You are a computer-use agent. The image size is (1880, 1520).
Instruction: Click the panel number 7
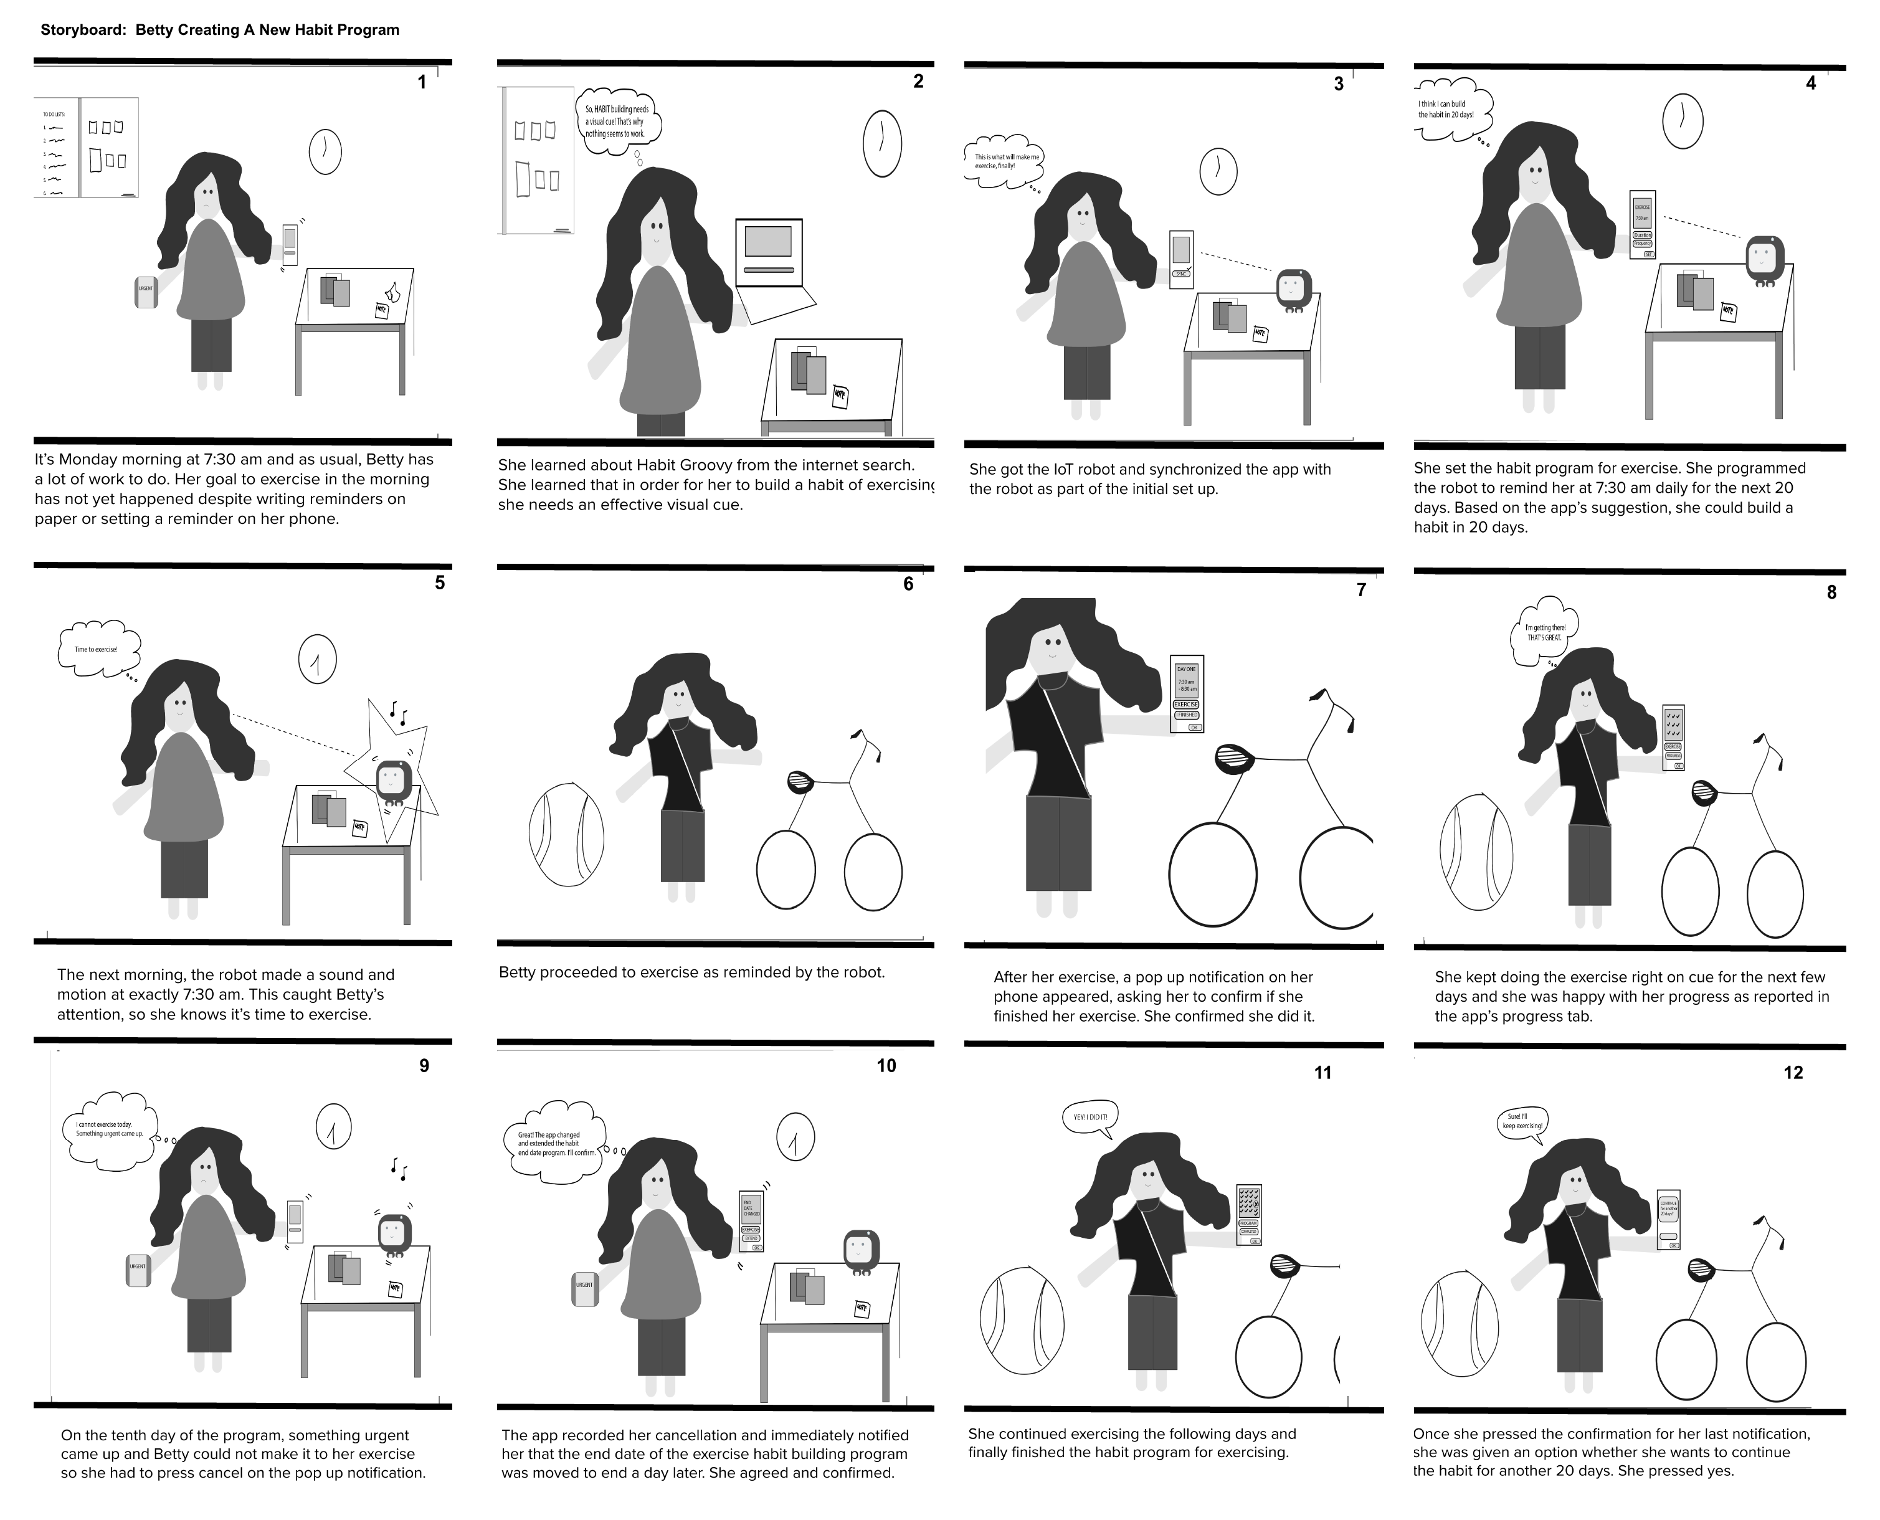1360,590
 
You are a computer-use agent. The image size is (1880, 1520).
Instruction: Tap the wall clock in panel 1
325,153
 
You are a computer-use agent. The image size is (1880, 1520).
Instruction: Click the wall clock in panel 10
795,1136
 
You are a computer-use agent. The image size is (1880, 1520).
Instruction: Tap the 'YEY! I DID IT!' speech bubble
1090,1117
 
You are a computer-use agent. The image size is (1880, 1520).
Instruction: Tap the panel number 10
886,1066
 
